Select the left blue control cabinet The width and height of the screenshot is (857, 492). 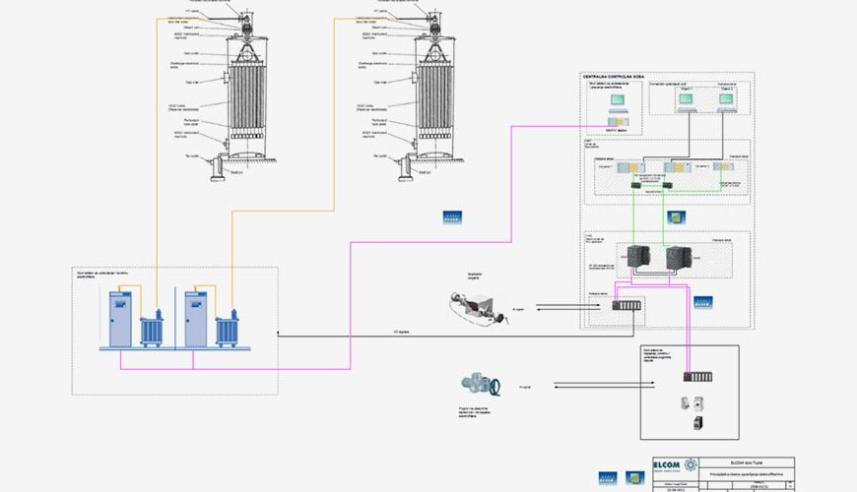(119, 317)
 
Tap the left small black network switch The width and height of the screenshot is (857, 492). (637, 185)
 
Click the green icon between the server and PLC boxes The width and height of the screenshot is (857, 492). (677, 217)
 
